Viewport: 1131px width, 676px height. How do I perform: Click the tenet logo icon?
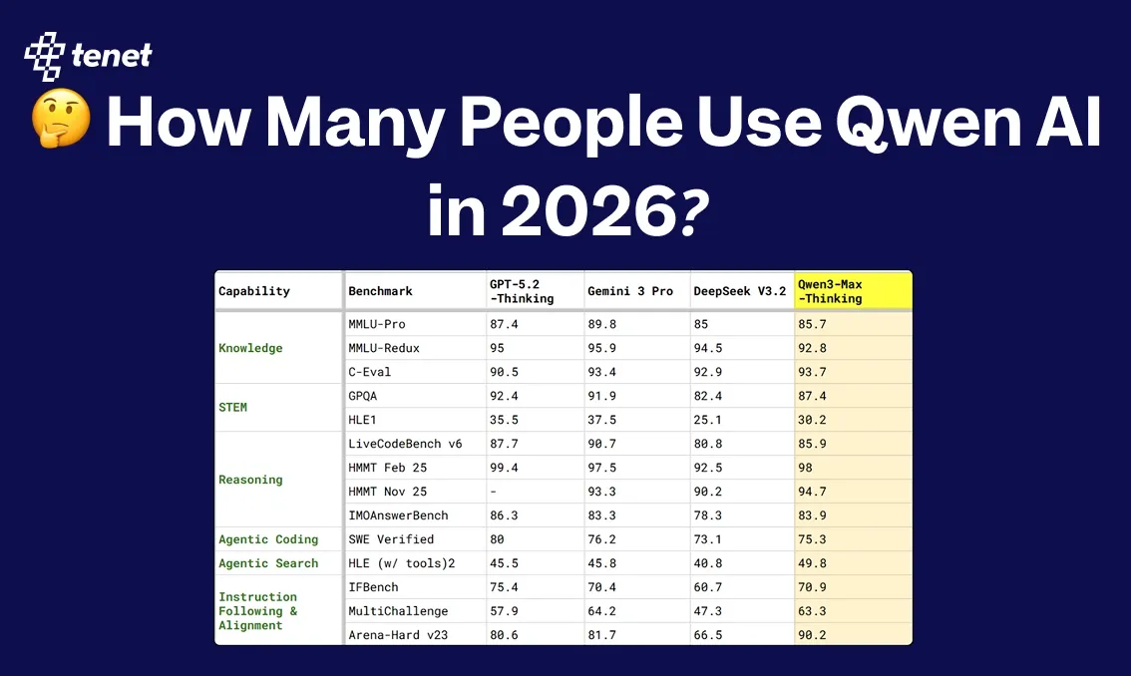coord(45,55)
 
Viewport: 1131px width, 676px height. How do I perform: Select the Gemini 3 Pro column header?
coord(630,291)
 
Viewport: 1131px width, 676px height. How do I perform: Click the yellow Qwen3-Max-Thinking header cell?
coord(853,291)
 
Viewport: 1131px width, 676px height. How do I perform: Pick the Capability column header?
coord(254,291)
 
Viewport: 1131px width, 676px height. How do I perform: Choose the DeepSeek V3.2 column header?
coord(739,291)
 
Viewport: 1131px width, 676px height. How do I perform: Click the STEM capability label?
coord(232,407)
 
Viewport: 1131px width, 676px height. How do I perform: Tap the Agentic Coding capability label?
coord(268,539)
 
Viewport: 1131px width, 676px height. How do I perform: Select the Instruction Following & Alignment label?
coord(257,611)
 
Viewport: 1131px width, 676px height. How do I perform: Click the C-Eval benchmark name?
coord(369,372)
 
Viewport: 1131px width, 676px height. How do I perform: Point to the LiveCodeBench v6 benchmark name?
coord(405,444)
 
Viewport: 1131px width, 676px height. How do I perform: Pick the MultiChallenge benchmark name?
coord(398,611)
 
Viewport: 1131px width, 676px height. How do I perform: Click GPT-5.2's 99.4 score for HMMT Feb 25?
coord(504,468)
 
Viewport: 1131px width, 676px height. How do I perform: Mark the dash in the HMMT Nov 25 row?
coord(492,492)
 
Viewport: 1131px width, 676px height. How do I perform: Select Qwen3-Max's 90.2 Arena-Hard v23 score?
coord(812,635)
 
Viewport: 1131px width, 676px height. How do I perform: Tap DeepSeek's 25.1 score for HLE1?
coord(709,420)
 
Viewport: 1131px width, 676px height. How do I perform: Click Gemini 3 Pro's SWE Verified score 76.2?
coord(604,539)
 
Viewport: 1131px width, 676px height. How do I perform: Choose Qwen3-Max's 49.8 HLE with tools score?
coord(812,563)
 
